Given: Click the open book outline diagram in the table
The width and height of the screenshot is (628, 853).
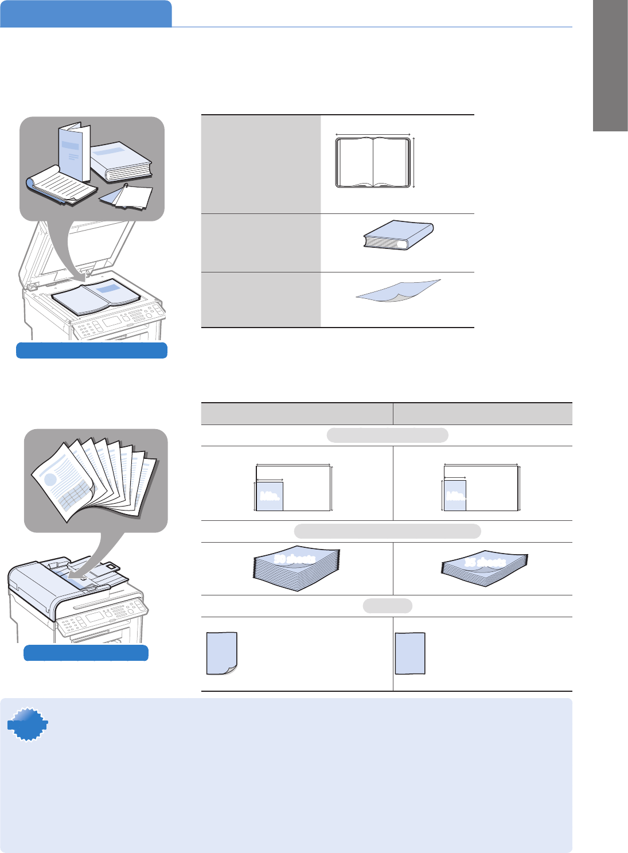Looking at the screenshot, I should click(373, 162).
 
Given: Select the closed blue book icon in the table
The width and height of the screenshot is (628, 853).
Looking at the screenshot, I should click(398, 235).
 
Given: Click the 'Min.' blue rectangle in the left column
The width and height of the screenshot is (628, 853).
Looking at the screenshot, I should click(270, 496).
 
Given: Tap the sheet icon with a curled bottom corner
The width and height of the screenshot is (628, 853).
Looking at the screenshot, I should click(222, 653).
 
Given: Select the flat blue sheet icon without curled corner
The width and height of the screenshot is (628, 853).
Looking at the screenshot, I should click(410, 653).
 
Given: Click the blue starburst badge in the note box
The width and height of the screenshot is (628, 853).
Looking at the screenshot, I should click(28, 725).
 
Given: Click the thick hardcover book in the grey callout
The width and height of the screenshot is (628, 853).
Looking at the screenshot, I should click(122, 162).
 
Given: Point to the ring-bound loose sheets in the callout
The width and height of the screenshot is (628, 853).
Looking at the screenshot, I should click(127, 196).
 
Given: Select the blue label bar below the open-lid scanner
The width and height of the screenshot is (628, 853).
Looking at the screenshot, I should click(92, 350).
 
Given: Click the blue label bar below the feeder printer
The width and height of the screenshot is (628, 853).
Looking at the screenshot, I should click(86, 653).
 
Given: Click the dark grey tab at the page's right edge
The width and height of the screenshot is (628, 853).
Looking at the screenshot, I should click(610, 66).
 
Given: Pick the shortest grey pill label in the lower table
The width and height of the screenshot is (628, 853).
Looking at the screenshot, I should click(387, 606).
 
